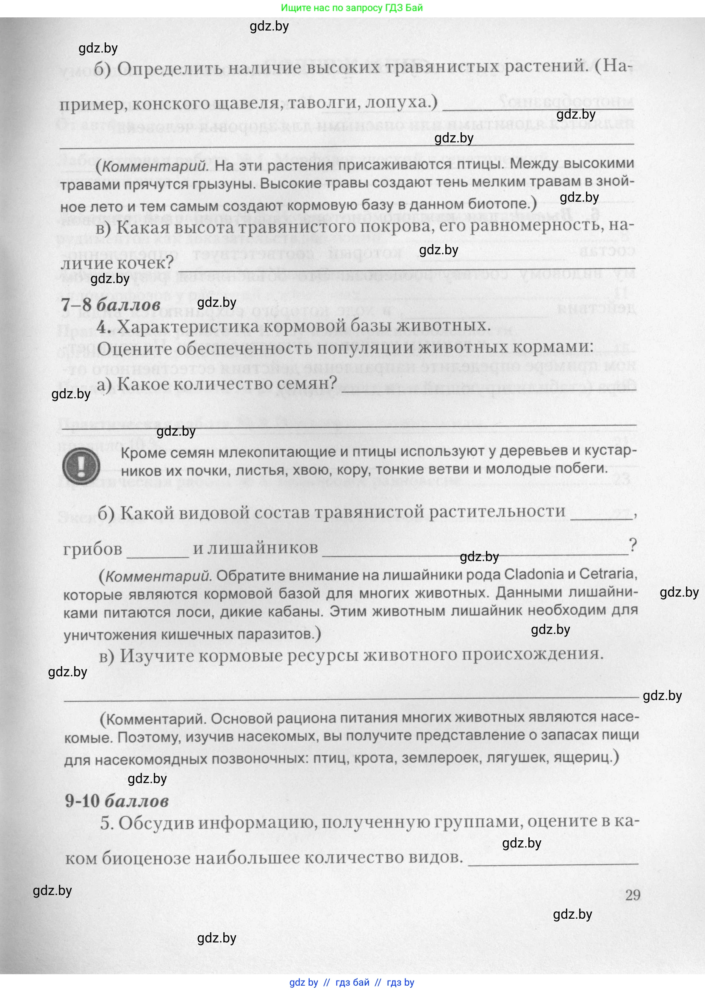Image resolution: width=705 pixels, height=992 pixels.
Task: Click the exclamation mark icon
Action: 81,466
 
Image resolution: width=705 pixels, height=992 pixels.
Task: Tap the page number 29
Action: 633,895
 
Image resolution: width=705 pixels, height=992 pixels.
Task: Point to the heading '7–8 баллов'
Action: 111,304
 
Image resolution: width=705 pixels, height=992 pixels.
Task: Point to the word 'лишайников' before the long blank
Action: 263,548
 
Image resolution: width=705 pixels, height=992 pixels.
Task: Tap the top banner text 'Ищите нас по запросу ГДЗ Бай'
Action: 352,8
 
